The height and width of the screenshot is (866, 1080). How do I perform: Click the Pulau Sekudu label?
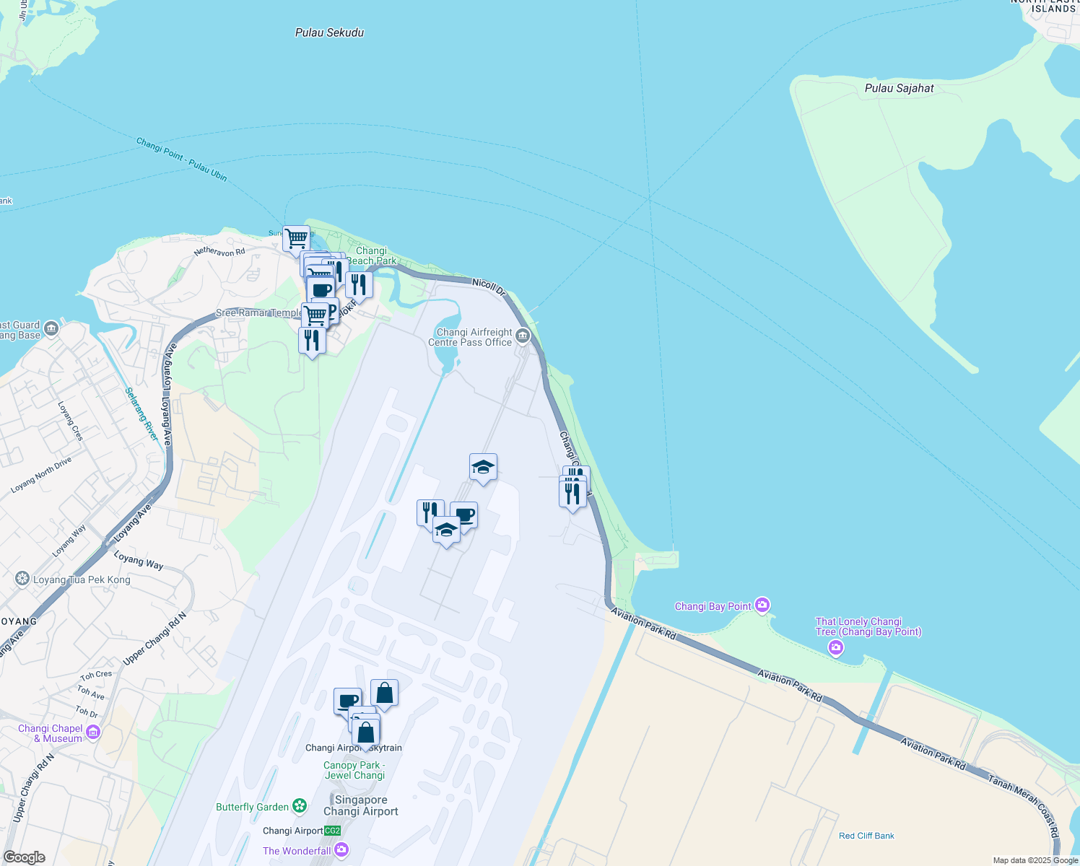329,32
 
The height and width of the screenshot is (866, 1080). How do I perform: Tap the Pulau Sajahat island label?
899,88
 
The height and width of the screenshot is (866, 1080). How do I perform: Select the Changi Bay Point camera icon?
762,605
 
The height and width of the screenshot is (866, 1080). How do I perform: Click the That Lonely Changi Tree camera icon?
836,648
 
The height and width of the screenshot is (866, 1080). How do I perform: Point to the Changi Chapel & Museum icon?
93,733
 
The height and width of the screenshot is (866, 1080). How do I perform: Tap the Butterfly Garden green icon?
300,806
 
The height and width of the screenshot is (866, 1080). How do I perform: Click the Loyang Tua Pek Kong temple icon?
22,579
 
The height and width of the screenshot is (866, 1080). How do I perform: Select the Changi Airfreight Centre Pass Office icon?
523,336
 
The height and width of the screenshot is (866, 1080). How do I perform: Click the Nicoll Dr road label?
489,286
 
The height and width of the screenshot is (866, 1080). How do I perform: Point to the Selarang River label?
141,414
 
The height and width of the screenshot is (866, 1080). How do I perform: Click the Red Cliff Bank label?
866,836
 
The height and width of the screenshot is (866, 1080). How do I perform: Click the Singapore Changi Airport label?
361,805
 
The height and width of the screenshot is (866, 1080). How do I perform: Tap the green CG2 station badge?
332,831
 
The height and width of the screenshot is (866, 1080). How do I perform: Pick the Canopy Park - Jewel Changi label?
354,770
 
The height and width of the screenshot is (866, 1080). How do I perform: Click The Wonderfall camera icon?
342,850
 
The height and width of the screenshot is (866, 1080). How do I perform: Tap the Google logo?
24,857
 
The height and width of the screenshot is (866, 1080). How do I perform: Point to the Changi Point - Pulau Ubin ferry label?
182,159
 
